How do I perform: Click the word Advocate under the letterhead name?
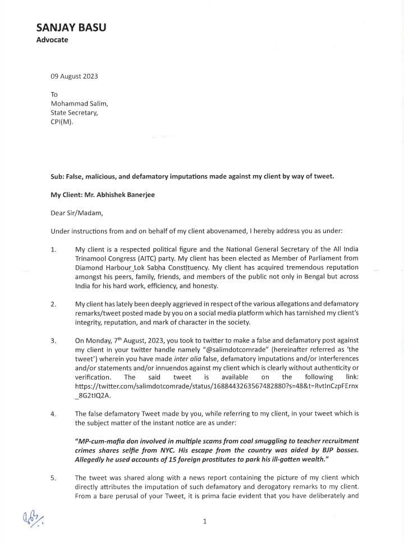(52, 40)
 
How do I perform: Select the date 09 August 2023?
(75, 76)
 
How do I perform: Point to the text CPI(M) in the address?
(62, 122)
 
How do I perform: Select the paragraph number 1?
(53, 250)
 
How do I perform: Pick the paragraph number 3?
(53, 341)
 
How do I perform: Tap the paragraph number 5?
(53, 478)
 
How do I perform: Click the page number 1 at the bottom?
(205, 522)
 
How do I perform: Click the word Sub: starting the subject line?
(58, 176)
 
